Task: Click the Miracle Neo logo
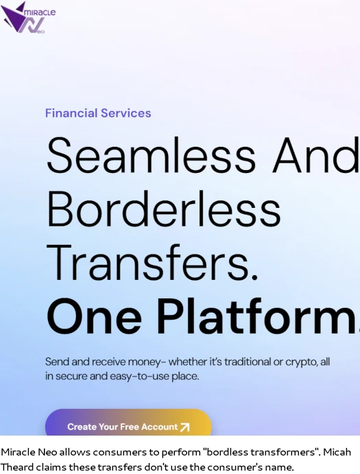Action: tap(28, 18)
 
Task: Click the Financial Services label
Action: tap(98, 113)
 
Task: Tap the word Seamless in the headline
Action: tap(151, 155)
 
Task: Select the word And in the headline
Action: tap(316, 155)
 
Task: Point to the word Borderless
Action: tap(163, 209)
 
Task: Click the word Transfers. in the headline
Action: tap(152, 262)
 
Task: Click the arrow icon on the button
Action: tap(184, 427)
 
